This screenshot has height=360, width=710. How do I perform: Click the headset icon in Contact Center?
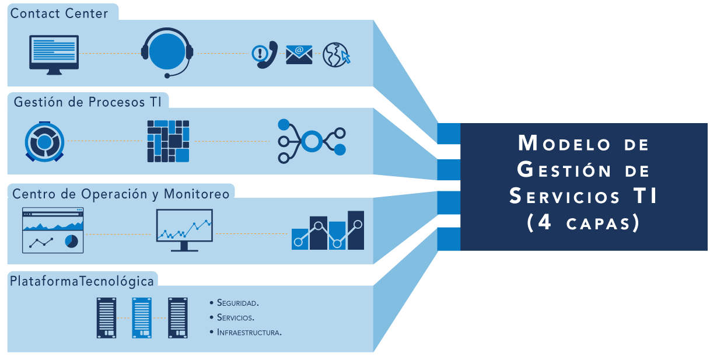click(x=167, y=52)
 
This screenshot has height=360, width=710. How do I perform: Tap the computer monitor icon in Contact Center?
click(x=54, y=54)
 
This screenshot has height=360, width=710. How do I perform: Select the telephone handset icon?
click(x=267, y=55)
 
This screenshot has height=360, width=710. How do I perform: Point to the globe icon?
click(x=335, y=55)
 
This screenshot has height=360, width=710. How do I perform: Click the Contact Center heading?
click(x=60, y=13)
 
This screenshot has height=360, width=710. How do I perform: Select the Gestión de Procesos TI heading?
click(x=88, y=102)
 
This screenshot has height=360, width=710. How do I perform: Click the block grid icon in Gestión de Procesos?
click(x=168, y=141)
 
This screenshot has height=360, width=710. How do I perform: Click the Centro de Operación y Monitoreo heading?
click(x=121, y=193)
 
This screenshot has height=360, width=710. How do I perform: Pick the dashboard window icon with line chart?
click(x=53, y=230)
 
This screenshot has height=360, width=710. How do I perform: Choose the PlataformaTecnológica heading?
click(x=82, y=281)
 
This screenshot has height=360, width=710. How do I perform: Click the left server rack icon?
click(x=106, y=317)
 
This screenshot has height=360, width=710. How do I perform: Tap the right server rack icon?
click(x=177, y=317)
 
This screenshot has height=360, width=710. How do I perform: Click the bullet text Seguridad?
click(x=237, y=303)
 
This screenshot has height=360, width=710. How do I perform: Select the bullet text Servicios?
click(x=235, y=318)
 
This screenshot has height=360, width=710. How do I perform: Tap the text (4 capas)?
click(x=583, y=223)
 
